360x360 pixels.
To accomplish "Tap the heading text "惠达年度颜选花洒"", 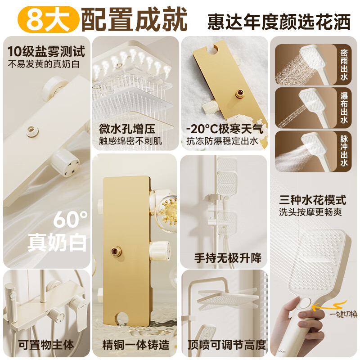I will (x=279, y=21).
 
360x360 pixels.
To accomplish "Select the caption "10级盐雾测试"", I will (x=46, y=51).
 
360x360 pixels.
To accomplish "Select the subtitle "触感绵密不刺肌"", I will (x=130, y=140).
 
